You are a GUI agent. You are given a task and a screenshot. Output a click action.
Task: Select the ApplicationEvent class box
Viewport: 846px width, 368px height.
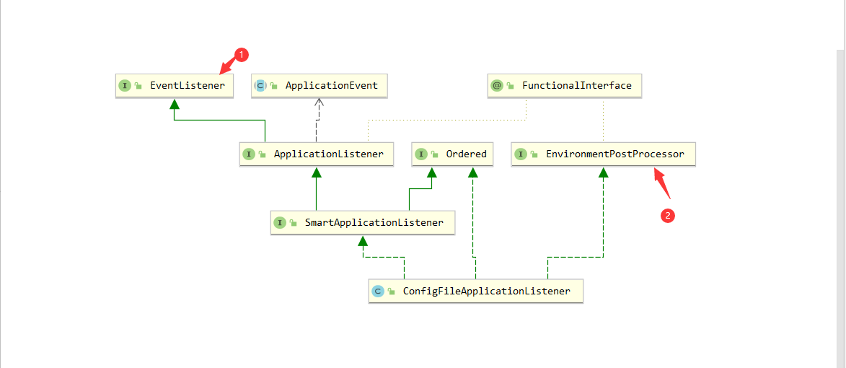319,85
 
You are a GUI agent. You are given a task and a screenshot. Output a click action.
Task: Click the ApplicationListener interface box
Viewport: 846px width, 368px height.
316,154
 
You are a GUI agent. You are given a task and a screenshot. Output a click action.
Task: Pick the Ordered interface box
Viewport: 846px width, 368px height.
453,154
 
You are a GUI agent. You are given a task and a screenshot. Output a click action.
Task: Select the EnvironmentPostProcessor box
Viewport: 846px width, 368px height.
603,154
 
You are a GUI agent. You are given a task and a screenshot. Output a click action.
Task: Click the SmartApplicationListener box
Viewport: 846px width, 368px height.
362,222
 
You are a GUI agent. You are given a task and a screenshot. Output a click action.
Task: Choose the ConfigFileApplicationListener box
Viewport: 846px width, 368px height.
475,292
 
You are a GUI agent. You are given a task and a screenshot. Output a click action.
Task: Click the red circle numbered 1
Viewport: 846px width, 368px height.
242,54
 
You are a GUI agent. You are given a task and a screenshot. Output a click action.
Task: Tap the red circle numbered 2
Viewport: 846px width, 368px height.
668,215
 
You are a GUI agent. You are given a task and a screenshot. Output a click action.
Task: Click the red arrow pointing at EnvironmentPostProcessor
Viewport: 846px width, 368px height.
661,183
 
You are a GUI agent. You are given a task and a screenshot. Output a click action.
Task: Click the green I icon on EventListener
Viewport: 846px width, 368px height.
125,85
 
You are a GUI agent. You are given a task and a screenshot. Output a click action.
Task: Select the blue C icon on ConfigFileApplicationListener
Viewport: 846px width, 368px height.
377,292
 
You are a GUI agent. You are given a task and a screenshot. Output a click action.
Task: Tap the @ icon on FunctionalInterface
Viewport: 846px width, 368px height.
496,85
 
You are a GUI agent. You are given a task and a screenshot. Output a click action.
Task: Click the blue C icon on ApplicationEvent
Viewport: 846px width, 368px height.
260,85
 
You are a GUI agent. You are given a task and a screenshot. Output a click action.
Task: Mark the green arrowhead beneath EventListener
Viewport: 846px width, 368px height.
174,104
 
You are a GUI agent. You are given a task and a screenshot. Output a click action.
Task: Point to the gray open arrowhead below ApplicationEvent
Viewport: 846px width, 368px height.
320,103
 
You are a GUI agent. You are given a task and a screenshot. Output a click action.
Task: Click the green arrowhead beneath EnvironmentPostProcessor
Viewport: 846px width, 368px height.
603,172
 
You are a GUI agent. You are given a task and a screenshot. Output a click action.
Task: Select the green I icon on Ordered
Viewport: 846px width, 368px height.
421,154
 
